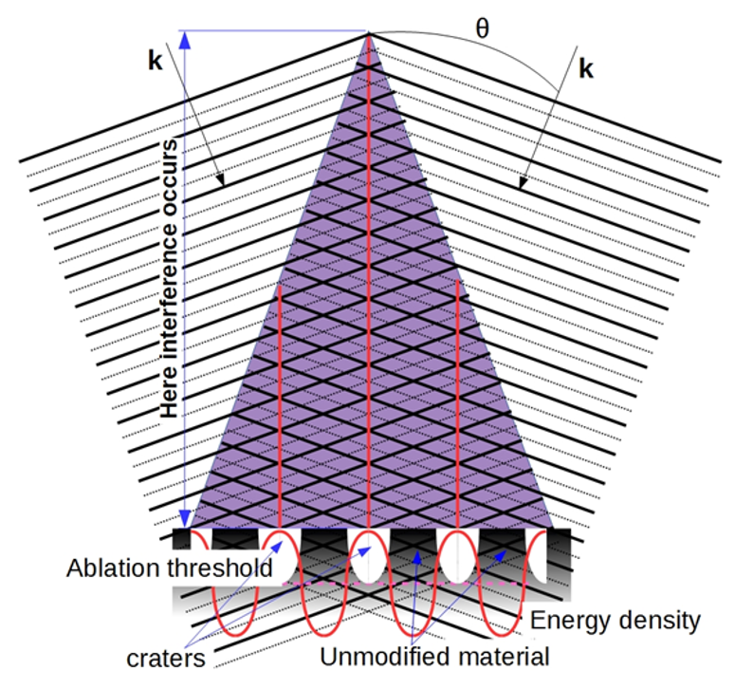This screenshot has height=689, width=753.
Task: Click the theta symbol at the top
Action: pyautogui.click(x=482, y=28)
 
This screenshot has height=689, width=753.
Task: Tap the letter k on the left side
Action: pyautogui.click(x=156, y=61)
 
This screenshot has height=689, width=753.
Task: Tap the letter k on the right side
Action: pyautogui.click(x=586, y=68)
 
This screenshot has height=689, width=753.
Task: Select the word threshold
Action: pyautogui.click(x=220, y=568)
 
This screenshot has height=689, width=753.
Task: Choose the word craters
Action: pyautogui.click(x=166, y=659)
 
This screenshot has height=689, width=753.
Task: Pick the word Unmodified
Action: pyautogui.click(x=382, y=657)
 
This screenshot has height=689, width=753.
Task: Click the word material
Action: pyautogui.click(x=501, y=657)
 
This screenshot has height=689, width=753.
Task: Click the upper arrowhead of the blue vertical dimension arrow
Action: pyautogui.click(x=185, y=40)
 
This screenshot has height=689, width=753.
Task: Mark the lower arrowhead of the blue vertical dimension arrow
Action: pyautogui.click(x=185, y=519)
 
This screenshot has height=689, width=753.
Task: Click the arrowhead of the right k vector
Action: pyautogui.click(x=523, y=183)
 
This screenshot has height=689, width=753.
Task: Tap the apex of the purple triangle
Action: pyautogui.click(x=368, y=32)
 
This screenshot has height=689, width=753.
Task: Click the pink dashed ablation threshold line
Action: pyautogui.click(x=405, y=584)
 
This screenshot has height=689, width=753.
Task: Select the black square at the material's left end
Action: pyautogui.click(x=181, y=539)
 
